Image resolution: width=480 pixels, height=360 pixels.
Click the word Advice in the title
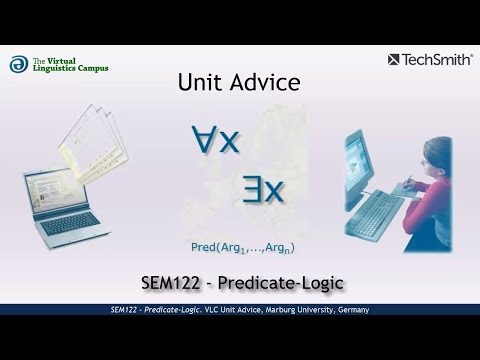coord(261,84)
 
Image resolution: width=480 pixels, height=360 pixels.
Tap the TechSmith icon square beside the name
coord(392,58)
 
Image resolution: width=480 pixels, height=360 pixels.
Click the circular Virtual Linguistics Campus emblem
coord(18,63)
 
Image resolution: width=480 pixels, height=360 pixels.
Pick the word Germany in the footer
coord(352,311)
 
